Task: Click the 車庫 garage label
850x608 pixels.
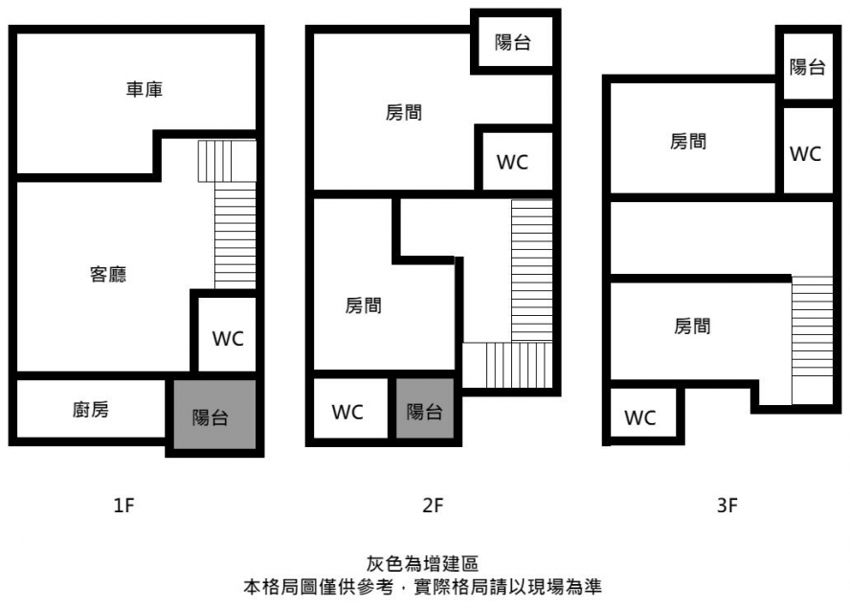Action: click(x=145, y=89)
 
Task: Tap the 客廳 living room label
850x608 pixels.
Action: click(x=108, y=275)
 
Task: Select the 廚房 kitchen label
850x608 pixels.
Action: click(x=91, y=410)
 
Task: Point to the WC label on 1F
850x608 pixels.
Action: click(x=228, y=339)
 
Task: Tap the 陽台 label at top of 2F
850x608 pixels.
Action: click(x=512, y=42)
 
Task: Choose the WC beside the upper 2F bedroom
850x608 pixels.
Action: click(x=512, y=162)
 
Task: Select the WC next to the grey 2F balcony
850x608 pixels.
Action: click(x=347, y=413)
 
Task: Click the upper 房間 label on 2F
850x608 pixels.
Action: click(x=404, y=113)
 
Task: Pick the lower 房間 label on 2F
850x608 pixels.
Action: click(x=363, y=305)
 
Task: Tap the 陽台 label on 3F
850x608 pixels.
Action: click(x=807, y=67)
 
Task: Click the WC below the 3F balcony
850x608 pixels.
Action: click(x=806, y=154)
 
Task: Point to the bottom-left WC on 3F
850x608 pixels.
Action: click(x=640, y=418)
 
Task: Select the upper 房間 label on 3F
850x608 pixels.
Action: click(x=688, y=142)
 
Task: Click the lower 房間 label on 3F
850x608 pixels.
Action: click(x=692, y=327)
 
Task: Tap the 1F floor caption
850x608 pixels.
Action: click(x=123, y=506)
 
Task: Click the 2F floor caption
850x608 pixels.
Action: click(x=433, y=506)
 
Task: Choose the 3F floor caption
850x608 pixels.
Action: click(x=727, y=506)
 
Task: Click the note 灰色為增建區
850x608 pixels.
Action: click(x=422, y=564)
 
